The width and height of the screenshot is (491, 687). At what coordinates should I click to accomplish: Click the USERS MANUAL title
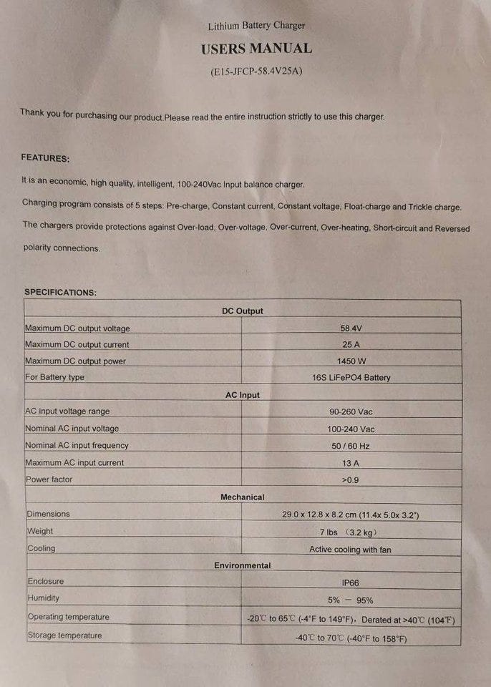pos(256,49)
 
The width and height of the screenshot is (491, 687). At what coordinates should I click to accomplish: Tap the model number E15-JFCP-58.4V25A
pos(256,72)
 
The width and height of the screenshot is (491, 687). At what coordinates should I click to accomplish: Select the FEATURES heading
pos(45,157)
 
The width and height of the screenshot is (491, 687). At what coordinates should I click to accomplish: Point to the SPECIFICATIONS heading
pos(60,292)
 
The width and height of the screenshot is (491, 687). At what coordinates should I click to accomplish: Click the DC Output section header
pos(243,311)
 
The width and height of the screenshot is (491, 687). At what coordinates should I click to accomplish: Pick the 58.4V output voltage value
pos(350,328)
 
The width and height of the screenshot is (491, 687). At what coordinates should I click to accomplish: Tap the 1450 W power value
pos(351,361)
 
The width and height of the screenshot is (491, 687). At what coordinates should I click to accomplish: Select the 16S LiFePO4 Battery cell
pos(351,377)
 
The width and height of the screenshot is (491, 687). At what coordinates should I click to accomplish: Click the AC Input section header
pos(243,395)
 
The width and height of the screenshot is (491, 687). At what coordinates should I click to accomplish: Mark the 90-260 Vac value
pos(351,411)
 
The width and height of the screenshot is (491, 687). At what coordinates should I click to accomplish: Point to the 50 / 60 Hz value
pos(351,446)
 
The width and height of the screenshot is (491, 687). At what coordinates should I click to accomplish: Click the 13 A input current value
pos(351,463)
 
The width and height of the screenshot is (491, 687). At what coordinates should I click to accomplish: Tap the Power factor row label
pos(49,479)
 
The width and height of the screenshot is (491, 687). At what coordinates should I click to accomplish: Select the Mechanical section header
pos(243,497)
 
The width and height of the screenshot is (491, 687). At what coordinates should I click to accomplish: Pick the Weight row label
pos(41,531)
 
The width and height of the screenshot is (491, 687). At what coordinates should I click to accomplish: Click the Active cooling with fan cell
pos(350,550)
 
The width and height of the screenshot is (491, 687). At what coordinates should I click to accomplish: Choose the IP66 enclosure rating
pos(351,583)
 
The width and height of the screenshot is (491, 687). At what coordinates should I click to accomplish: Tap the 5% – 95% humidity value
pos(351,600)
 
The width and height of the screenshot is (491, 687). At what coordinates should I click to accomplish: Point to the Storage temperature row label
pos(64,635)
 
